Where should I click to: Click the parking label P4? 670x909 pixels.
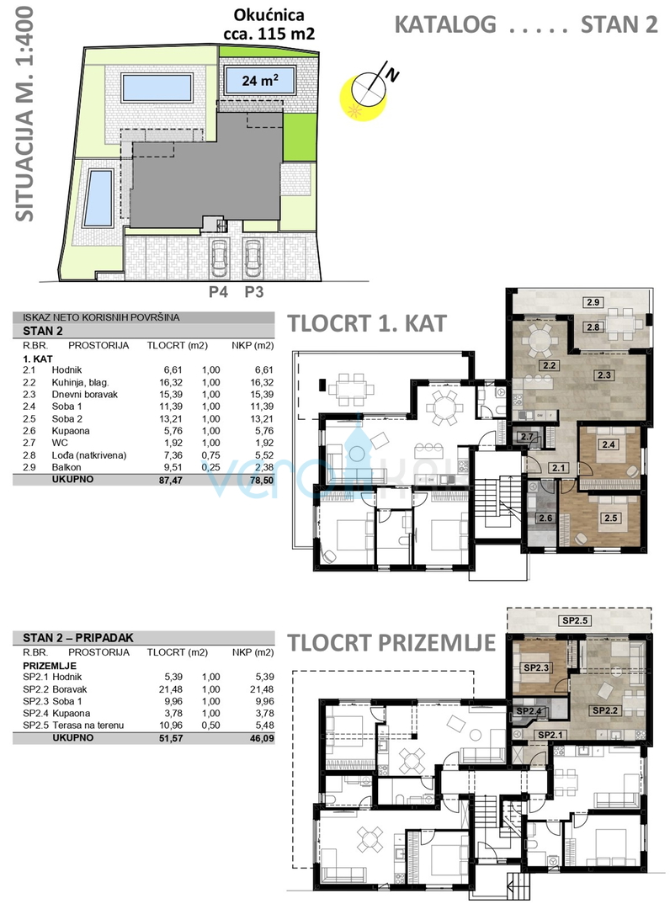pyautogui.click(x=218, y=291)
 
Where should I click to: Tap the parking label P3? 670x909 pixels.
pyautogui.click(x=253, y=291)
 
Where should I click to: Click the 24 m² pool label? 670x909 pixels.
pyautogui.click(x=259, y=81)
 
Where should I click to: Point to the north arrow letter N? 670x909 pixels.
pyautogui.click(x=393, y=74)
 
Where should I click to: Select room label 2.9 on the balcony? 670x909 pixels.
pyautogui.click(x=593, y=302)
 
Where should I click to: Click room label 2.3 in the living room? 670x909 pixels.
pyautogui.click(x=604, y=375)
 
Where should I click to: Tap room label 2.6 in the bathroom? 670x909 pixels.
pyautogui.click(x=545, y=518)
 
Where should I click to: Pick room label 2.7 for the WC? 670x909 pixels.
pyautogui.click(x=526, y=437)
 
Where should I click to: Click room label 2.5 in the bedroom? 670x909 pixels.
pyautogui.click(x=610, y=518)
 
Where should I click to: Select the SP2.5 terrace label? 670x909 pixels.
pyautogui.click(x=575, y=620)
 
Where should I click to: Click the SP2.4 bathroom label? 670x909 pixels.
pyautogui.click(x=529, y=710)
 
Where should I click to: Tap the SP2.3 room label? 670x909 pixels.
pyautogui.click(x=536, y=667)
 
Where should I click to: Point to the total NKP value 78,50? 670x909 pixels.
pyautogui.click(x=262, y=480)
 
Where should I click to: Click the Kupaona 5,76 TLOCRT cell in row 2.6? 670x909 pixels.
pyautogui.click(x=173, y=431)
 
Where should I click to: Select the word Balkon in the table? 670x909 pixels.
pyautogui.click(x=66, y=467)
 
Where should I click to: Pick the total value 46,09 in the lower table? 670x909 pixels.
pyautogui.click(x=262, y=739)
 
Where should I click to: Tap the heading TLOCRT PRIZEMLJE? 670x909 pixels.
pyautogui.click(x=391, y=643)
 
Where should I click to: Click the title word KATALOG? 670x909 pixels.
pyautogui.click(x=445, y=25)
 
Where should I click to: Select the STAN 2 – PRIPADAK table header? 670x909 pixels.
pyautogui.click(x=78, y=638)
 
